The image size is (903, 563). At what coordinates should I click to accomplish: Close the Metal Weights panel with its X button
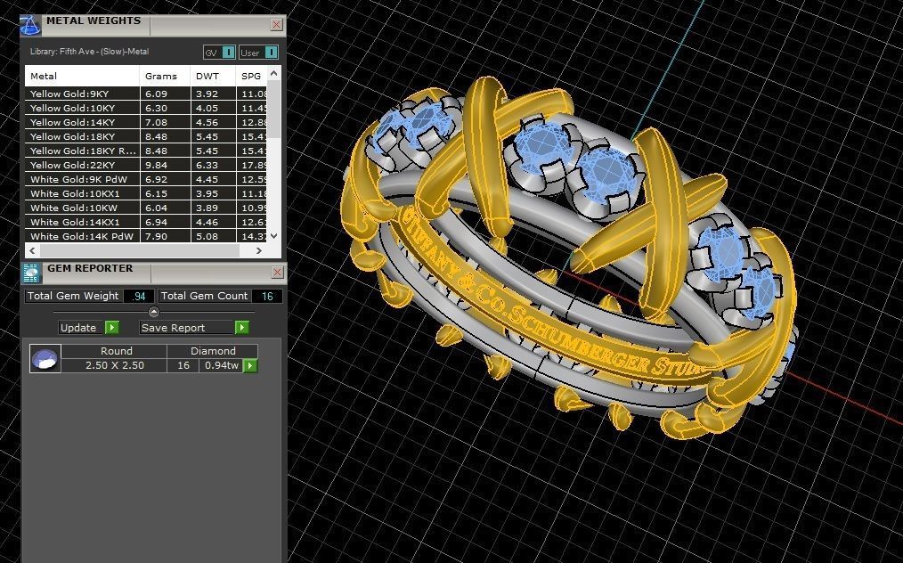[x=276, y=25]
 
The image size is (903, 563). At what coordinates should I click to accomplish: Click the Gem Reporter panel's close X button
[x=276, y=272]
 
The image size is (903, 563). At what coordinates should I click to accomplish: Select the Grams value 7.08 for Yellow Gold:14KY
[x=156, y=122]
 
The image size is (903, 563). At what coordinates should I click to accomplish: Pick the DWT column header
[x=207, y=76]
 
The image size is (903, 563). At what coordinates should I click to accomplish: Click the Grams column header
[x=161, y=76]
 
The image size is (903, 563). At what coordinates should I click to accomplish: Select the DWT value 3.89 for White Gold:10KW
[x=207, y=208]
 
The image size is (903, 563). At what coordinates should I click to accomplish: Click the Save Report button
[x=192, y=328]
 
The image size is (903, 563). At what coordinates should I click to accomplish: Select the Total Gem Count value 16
[x=266, y=296]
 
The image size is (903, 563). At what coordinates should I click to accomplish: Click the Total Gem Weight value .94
[x=138, y=296]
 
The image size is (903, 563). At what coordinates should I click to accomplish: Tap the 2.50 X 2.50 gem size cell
[x=113, y=365]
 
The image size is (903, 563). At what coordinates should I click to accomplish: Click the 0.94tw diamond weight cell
[x=219, y=365]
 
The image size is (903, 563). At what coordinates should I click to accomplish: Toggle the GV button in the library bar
[x=219, y=53]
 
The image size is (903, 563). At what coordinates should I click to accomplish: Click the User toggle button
[x=258, y=53]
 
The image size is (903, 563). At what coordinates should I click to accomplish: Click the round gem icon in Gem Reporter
[x=45, y=358]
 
